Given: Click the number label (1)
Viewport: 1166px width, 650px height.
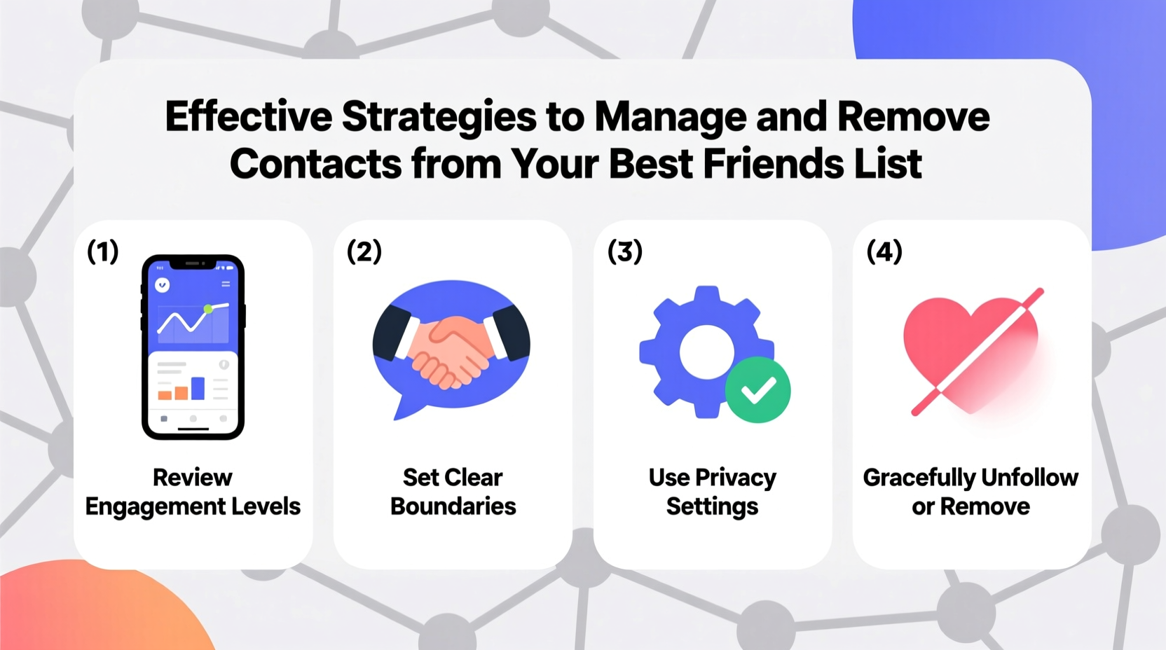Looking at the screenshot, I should point(102,251).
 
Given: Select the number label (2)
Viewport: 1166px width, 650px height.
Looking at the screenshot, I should point(364,251).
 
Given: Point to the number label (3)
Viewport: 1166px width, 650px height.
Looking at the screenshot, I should point(624,251).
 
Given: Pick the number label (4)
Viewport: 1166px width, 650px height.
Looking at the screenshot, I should point(884,251).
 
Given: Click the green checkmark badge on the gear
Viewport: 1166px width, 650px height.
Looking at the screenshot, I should point(757,389).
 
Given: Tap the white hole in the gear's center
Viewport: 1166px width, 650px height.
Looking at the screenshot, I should point(706,352).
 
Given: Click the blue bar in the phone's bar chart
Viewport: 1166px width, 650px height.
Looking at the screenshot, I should point(198,388).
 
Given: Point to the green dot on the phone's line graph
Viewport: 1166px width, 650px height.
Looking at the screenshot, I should point(208,309).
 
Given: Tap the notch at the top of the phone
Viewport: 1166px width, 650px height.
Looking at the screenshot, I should point(193,263).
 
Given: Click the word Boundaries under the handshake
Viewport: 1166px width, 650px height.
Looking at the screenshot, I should point(453,506).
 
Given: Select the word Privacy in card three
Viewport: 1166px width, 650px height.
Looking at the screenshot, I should point(735,478).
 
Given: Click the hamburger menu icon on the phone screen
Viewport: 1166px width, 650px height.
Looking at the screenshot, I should point(226,284).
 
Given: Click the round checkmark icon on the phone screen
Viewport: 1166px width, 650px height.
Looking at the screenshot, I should point(163,285).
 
